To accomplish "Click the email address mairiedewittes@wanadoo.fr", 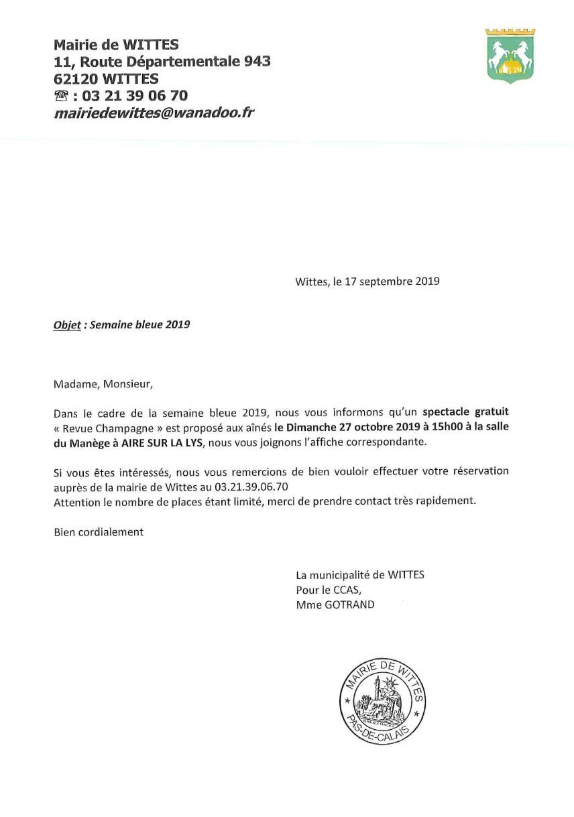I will tap(154, 113).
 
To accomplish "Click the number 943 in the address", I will tap(255, 62).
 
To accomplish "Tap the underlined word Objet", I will tap(67, 325).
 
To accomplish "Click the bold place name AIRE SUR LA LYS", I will tap(162, 443).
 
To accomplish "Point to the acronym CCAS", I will tap(346, 590).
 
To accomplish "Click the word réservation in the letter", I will tap(478, 471).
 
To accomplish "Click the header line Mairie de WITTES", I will tap(116, 45).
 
